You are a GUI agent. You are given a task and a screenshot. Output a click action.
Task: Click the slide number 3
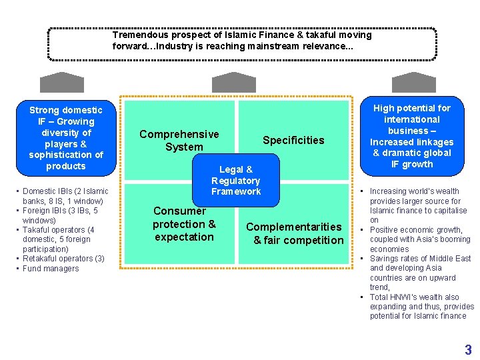(x=468, y=349)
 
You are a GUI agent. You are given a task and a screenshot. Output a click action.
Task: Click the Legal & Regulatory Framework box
(x=235, y=181)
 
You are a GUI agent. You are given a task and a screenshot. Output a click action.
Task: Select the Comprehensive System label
(x=179, y=141)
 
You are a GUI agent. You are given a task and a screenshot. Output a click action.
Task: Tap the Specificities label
(x=293, y=140)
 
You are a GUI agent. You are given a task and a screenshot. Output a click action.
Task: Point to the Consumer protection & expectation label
(x=184, y=224)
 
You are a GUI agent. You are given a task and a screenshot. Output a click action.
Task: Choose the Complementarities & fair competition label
(x=294, y=233)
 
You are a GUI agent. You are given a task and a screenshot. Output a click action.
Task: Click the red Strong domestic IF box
(x=66, y=138)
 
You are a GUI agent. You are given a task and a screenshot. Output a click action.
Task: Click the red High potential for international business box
(x=411, y=136)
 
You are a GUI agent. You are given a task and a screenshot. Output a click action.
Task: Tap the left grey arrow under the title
(x=62, y=82)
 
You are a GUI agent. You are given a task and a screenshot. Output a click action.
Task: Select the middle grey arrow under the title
(x=233, y=82)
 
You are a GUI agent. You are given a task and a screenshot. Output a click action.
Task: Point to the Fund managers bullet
(x=51, y=269)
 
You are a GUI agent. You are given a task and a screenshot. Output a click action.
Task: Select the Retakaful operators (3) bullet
(x=63, y=259)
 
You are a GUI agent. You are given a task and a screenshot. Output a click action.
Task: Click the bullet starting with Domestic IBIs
(x=65, y=196)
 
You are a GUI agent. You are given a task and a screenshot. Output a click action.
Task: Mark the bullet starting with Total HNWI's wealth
(x=418, y=307)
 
